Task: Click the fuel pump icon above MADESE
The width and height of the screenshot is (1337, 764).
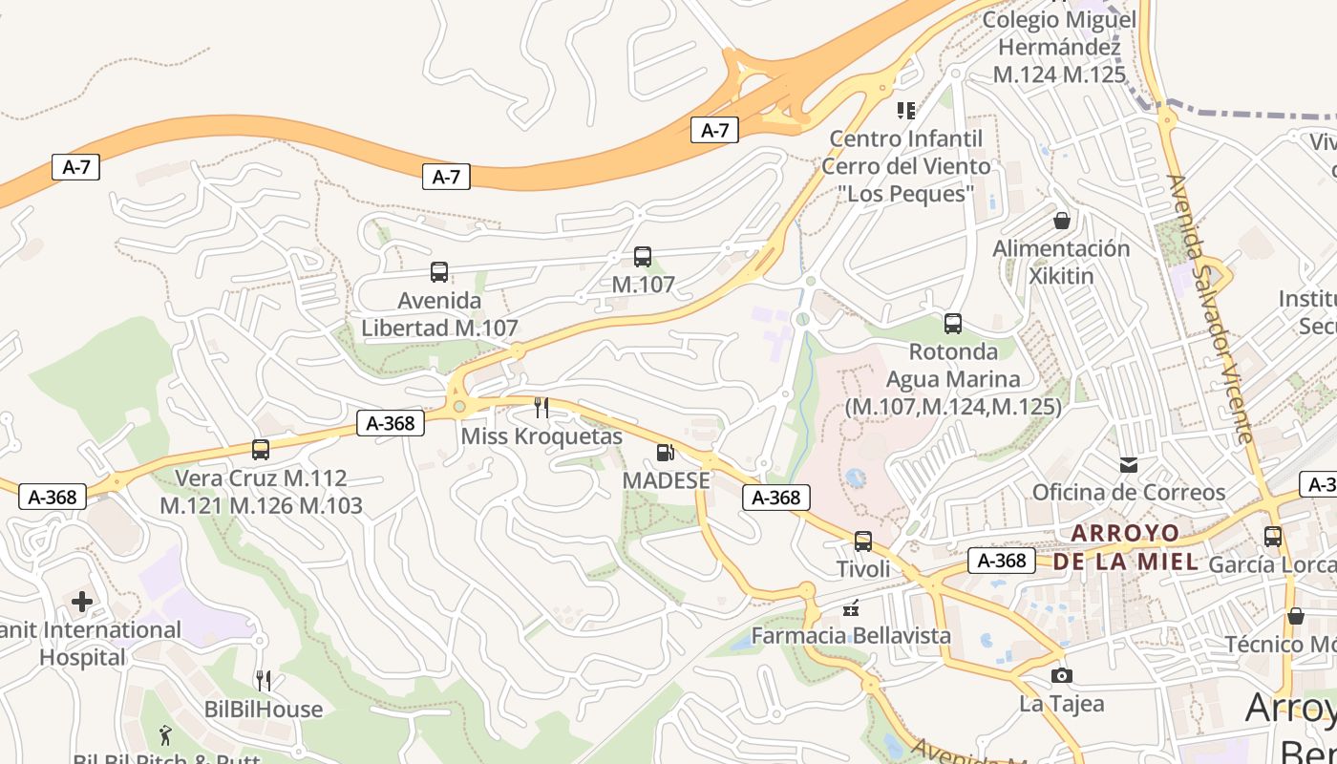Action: (x=666, y=453)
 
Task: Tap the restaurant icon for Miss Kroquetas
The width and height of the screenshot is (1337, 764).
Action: (x=541, y=408)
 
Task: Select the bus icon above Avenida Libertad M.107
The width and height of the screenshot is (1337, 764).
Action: (x=439, y=272)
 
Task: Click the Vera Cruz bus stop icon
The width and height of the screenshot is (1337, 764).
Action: (x=260, y=449)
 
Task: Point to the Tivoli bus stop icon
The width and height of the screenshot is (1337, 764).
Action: (x=863, y=541)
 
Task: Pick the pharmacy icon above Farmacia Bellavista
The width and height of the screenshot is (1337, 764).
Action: (x=851, y=607)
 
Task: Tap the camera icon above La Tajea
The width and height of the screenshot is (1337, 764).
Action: (x=1061, y=676)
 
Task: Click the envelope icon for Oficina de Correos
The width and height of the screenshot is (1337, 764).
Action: (x=1129, y=464)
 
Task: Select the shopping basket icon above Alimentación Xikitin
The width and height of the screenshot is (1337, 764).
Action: (x=1061, y=221)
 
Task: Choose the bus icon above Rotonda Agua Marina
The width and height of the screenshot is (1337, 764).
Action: (x=952, y=323)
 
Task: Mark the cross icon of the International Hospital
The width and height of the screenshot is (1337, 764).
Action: (x=82, y=602)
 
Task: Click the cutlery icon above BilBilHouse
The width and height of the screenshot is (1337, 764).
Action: (x=264, y=681)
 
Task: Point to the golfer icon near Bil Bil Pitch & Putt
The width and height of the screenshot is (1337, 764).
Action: (x=166, y=735)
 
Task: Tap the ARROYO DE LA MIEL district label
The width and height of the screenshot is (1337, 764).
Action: (x=1125, y=547)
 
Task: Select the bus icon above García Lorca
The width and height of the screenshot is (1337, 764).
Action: (x=1272, y=537)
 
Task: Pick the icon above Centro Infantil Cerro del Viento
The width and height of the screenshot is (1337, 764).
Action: (x=905, y=111)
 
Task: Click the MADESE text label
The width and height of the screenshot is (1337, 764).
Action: (x=667, y=480)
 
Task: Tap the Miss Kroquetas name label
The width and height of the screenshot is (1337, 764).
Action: (x=541, y=436)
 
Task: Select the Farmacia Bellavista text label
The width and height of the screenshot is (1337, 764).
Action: (x=851, y=635)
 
